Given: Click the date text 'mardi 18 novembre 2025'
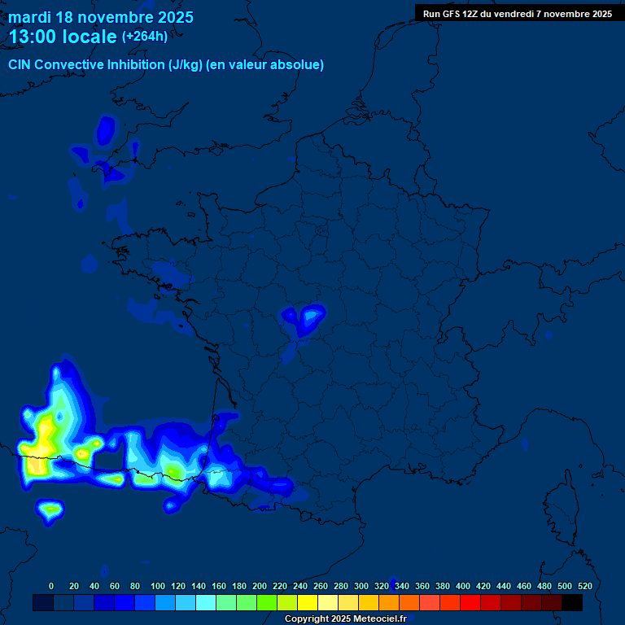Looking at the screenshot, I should [x=101, y=17].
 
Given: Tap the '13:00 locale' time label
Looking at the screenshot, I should [x=63, y=37].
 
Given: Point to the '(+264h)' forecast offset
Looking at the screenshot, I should [x=145, y=37].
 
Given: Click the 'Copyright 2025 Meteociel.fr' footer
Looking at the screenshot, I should [x=345, y=619].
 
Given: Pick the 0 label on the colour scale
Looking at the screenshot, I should [x=51, y=586].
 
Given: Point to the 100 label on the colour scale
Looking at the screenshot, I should [x=158, y=586].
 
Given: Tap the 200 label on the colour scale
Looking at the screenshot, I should [x=260, y=586].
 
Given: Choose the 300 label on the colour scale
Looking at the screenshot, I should [x=361, y=586].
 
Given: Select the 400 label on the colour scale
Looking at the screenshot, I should [x=463, y=586].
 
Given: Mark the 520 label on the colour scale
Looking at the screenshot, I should [x=584, y=586].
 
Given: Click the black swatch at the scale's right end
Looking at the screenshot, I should [x=572, y=603].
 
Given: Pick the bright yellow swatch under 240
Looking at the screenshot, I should [x=308, y=603].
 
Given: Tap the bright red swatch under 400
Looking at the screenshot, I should [x=470, y=603].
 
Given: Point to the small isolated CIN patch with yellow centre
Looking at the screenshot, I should [x=51, y=510].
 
